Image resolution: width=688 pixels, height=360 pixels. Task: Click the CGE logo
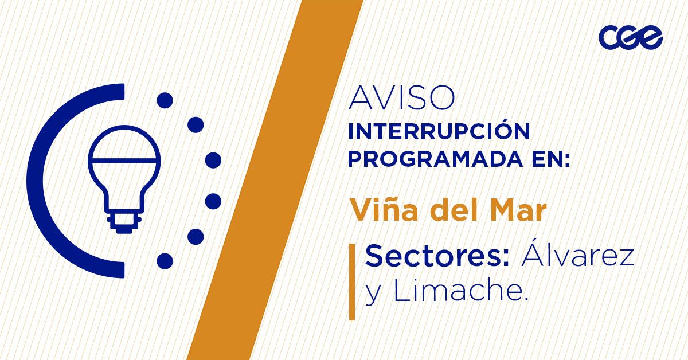(630, 38)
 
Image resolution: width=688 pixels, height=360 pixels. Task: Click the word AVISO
(401, 99)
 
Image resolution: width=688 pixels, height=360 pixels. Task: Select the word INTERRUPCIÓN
(439, 131)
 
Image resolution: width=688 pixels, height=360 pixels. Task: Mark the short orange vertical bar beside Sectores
(352, 281)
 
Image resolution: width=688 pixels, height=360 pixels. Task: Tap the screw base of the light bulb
(124, 221)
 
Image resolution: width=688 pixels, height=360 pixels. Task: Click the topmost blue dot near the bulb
(165, 101)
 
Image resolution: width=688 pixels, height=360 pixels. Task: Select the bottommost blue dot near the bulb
(165, 261)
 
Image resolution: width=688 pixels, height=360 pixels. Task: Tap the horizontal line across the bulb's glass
(124, 159)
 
